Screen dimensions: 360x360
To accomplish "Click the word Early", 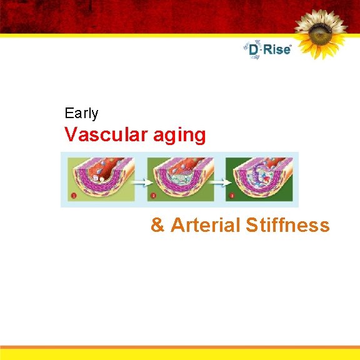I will (81, 114).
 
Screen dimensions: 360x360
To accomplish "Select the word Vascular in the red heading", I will (100, 135).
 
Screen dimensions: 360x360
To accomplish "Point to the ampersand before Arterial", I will (157, 225).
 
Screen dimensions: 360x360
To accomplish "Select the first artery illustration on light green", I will (102, 179).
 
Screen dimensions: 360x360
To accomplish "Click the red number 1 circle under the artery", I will (74, 196).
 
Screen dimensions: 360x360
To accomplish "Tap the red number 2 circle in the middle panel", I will (153, 196).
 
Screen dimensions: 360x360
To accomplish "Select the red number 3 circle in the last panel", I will (232, 196).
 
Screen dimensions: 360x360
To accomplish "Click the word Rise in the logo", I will (277, 49).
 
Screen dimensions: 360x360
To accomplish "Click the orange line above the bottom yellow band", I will (180, 347).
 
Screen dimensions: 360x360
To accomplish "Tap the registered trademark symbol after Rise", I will (291, 44).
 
